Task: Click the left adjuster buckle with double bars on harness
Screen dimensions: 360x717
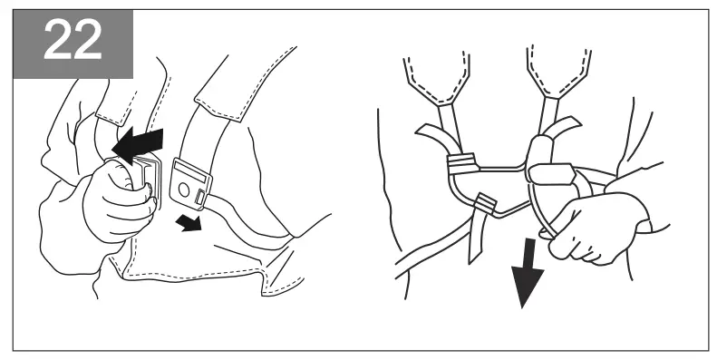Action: click(x=462, y=163)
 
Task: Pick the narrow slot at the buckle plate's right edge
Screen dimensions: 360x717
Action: click(x=208, y=185)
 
